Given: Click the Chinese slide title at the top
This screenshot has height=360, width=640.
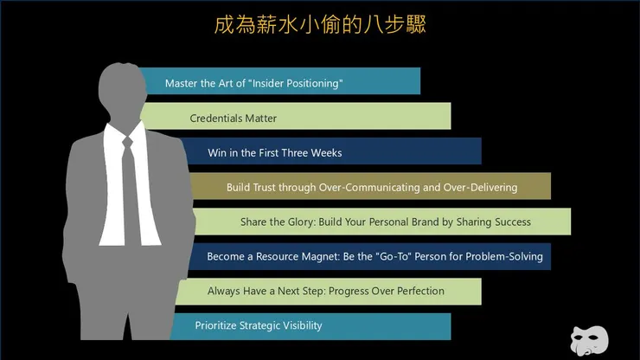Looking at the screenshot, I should tap(320, 23).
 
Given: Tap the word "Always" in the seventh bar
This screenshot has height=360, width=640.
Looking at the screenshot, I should tap(224, 291).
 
